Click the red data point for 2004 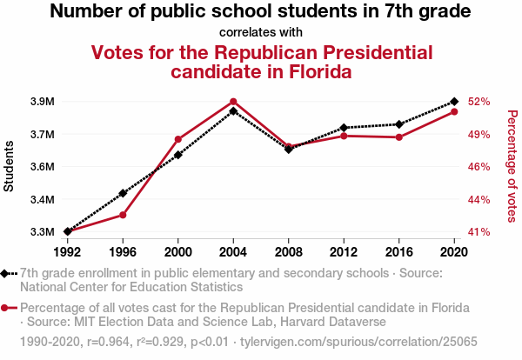tap(233, 102)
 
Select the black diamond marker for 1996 tap(123, 193)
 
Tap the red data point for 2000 tap(177, 139)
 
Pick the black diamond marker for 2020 tap(454, 102)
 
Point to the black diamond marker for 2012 tap(344, 128)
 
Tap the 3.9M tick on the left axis tap(42, 102)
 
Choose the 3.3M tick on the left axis tap(42, 232)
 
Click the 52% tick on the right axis tap(480, 102)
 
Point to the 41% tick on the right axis tap(480, 232)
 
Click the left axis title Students tap(10, 167)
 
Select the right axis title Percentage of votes tap(512, 165)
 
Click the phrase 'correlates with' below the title tap(261, 32)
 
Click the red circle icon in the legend tap(6, 309)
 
